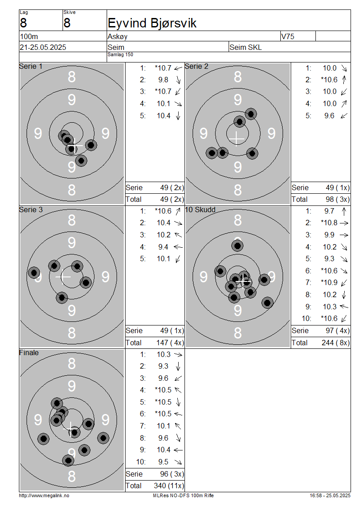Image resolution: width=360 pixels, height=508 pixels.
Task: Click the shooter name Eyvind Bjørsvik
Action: [x=152, y=23]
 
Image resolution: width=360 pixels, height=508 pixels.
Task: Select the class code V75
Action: [x=288, y=36]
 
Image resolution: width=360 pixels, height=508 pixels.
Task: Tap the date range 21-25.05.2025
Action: [x=43, y=47]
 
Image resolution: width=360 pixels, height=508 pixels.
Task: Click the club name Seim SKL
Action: [x=246, y=47]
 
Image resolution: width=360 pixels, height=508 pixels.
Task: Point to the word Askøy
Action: [x=117, y=36]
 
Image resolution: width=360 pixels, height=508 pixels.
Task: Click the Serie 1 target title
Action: [x=31, y=67]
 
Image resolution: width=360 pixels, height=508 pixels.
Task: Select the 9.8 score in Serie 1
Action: [x=163, y=80]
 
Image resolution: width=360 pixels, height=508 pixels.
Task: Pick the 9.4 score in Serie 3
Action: [x=163, y=247]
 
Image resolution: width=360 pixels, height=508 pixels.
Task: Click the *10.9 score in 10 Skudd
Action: [x=329, y=282]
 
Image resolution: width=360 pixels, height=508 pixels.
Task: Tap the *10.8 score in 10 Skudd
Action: [x=329, y=223]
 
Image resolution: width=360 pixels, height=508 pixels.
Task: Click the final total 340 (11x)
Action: [x=169, y=486]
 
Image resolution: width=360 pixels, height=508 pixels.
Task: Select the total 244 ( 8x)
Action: [x=336, y=343]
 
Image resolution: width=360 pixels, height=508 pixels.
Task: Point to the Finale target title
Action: [x=29, y=353]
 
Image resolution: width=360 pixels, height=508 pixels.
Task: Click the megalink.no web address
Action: [x=44, y=496]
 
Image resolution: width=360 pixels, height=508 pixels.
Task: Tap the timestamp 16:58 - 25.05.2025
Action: [x=330, y=496]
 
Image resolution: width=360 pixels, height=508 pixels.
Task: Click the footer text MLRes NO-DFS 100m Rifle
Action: [x=183, y=496]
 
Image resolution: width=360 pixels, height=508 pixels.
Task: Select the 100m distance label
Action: [x=29, y=36]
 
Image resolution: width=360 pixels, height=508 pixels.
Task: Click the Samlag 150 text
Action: [x=120, y=55]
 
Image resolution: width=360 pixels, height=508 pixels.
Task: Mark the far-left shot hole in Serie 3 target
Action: [x=34, y=273]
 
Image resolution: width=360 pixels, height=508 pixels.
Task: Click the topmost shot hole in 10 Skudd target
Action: [x=238, y=246]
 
